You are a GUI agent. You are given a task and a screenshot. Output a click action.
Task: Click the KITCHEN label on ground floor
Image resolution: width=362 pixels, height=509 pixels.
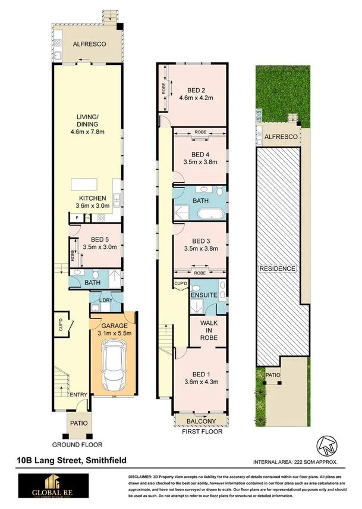click(x=92, y=198)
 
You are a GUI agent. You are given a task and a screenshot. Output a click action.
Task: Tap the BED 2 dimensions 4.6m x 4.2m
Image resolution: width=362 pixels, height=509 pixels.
click(x=196, y=98)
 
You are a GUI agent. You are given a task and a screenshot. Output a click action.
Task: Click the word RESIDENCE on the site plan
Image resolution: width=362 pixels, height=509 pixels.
click(x=277, y=269)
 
